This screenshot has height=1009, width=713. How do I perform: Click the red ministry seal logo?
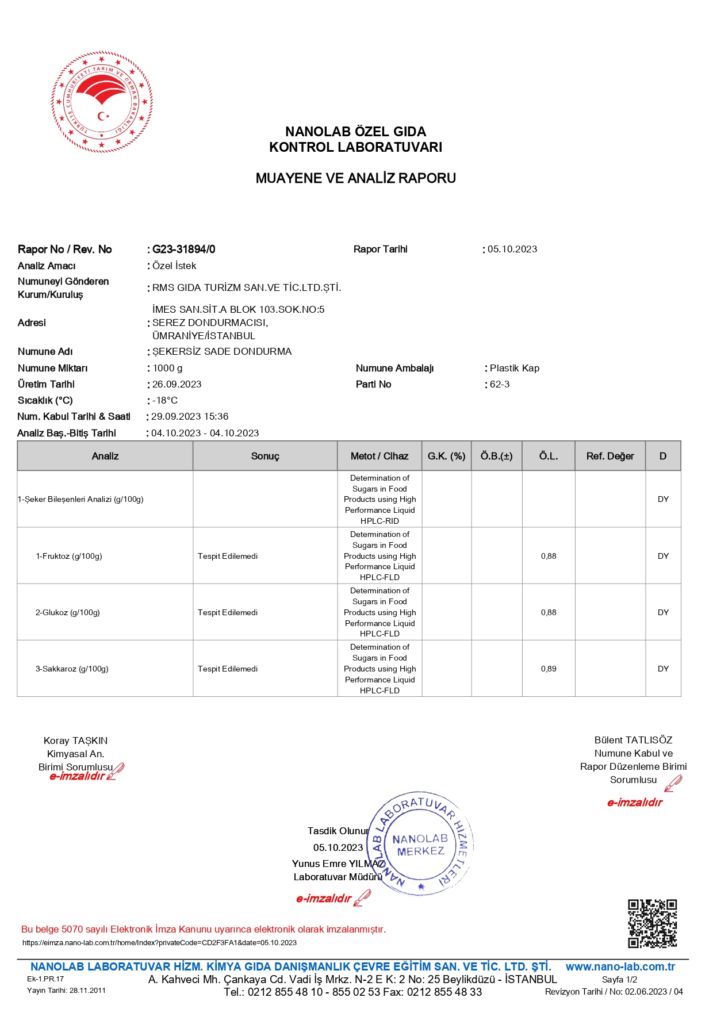tap(102, 102)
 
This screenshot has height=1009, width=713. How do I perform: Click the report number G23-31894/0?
tap(183, 250)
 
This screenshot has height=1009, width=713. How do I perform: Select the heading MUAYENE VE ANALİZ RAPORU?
tap(355, 178)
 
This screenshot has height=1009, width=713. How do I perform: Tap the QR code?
tap(652, 923)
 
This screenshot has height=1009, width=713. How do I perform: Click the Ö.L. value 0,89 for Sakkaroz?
tap(549, 669)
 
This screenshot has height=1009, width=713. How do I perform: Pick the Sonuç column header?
tap(265, 456)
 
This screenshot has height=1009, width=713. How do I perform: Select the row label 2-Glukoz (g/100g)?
tap(68, 612)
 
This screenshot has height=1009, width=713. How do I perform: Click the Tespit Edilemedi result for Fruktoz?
tap(228, 556)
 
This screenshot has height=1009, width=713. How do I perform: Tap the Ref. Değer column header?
tap(610, 456)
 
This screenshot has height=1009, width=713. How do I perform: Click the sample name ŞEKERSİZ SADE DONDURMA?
tap(222, 351)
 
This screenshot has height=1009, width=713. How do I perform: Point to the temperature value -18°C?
tap(165, 400)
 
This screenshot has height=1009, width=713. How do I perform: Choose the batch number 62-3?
tap(500, 384)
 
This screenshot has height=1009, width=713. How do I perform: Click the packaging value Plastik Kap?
tap(515, 368)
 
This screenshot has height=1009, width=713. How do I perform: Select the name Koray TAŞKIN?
tap(76, 741)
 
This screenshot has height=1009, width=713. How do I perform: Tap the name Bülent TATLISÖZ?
tap(633, 740)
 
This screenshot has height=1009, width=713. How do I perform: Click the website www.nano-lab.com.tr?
tap(620, 966)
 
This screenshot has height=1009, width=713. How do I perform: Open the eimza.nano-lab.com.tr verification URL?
tap(160, 942)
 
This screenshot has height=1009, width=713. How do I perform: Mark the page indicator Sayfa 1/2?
tap(619, 979)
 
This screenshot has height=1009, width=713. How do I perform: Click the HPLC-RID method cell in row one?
tap(379, 499)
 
